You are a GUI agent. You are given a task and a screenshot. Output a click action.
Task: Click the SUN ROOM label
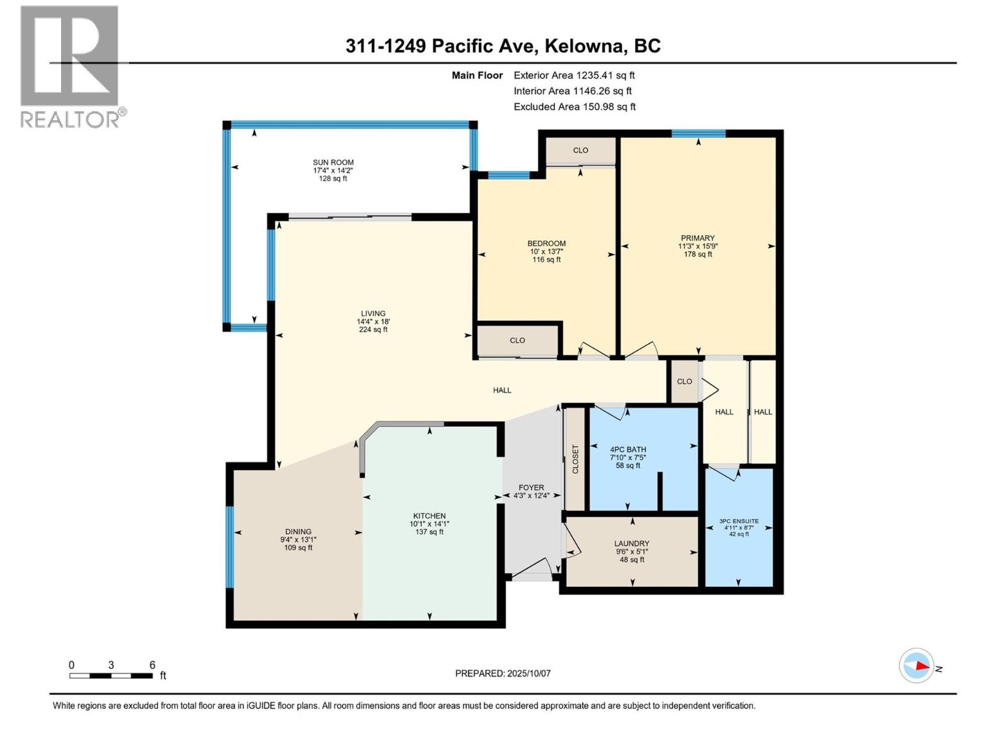[x=333, y=162]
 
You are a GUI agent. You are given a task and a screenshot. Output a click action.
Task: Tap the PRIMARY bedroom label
[x=697, y=238]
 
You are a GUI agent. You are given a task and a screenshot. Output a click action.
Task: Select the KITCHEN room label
[x=429, y=516]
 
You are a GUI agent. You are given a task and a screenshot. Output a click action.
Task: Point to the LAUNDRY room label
[x=632, y=544]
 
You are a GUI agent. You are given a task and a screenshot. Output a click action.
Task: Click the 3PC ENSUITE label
[x=739, y=522]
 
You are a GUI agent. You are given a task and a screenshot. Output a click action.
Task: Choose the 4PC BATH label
[x=627, y=450]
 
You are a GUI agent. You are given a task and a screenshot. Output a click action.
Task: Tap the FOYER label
[x=531, y=488]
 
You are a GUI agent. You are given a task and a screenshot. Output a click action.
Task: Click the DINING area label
[x=298, y=532]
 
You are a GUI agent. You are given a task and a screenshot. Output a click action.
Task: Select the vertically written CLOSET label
[x=575, y=459]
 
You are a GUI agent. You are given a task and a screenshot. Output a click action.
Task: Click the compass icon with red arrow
[x=916, y=666]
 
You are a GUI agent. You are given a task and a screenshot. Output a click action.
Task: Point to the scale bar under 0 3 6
[x=111, y=676]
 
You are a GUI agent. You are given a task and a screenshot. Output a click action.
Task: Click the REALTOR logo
[x=70, y=66]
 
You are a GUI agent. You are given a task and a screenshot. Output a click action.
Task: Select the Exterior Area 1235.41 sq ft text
[x=574, y=75]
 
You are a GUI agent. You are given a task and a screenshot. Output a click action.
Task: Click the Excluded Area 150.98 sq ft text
[x=574, y=107]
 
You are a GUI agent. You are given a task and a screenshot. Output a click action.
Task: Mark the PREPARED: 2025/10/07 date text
[x=503, y=673]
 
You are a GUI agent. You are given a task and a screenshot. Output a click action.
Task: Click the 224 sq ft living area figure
[x=373, y=330]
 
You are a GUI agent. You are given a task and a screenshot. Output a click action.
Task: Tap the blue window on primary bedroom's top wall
[x=698, y=133]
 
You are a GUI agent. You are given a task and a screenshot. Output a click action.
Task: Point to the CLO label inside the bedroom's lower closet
[x=517, y=340]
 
